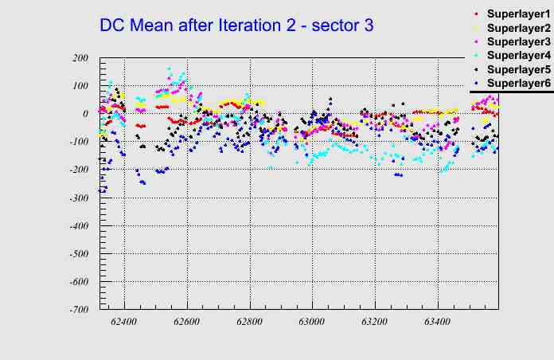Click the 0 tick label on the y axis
pyautogui.click(x=84, y=114)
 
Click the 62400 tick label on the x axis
pyautogui.click(x=123, y=323)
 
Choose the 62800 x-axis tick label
pyautogui.click(x=249, y=323)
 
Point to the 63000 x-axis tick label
pyautogui.click(x=312, y=323)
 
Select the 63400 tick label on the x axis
pyautogui.click(x=437, y=323)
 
